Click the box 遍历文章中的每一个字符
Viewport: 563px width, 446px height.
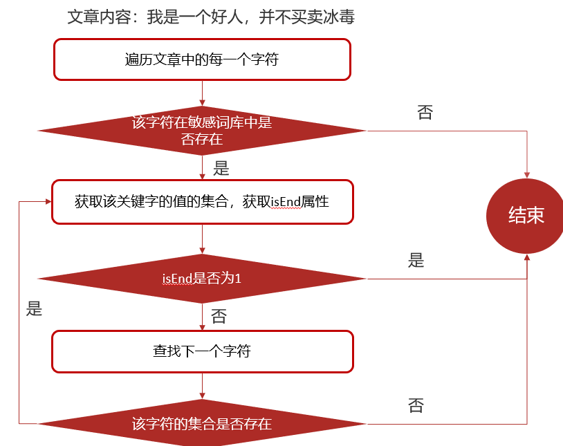(202, 59)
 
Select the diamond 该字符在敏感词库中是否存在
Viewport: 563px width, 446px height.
(202, 131)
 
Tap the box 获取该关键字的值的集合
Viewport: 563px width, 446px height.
(203, 202)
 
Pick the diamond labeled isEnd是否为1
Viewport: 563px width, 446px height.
(202, 279)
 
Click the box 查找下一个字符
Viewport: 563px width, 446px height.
(203, 351)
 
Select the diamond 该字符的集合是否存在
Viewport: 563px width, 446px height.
(202, 423)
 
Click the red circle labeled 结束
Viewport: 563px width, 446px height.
(526, 216)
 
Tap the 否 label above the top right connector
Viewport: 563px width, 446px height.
(425, 113)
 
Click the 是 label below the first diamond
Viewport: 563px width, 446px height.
(221, 168)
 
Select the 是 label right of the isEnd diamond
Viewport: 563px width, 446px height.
(416, 260)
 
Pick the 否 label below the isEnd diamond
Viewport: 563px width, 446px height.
(219, 317)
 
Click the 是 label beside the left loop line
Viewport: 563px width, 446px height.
(34, 308)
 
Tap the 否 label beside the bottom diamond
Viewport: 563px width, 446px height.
(416, 405)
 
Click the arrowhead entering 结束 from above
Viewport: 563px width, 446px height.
(527, 175)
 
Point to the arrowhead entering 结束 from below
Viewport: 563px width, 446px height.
(527, 257)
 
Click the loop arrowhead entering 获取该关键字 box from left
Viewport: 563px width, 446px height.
(48, 201)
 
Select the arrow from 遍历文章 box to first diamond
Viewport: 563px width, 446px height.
(202, 93)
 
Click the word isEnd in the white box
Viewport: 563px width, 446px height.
(286, 202)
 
